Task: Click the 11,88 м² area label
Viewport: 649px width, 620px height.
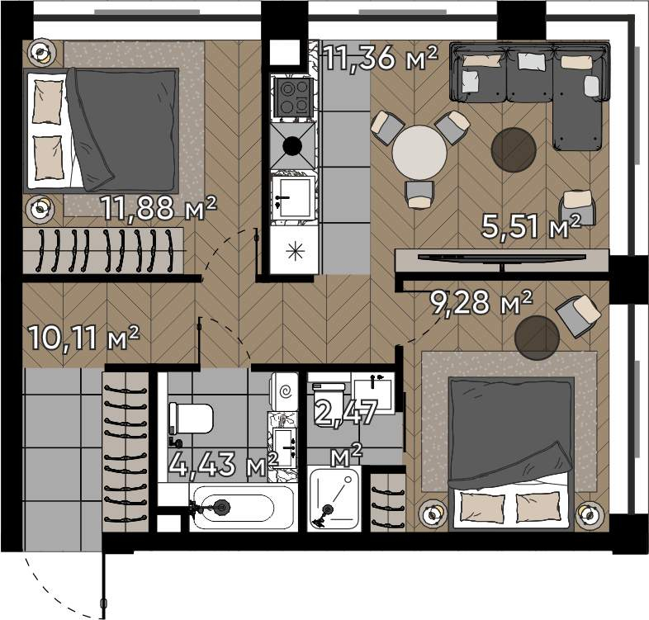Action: click(159, 208)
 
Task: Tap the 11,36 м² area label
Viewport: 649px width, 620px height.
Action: click(380, 58)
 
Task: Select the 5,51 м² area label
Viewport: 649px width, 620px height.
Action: click(532, 226)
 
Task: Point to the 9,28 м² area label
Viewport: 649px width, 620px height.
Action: click(481, 302)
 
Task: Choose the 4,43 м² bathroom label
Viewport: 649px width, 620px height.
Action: click(224, 464)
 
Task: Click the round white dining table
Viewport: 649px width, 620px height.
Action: click(419, 153)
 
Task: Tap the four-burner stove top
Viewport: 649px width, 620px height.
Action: click(293, 97)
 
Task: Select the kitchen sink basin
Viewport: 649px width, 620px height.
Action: click(291, 197)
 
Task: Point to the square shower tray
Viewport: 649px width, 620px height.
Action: click(334, 499)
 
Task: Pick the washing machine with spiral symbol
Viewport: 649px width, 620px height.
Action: click(284, 391)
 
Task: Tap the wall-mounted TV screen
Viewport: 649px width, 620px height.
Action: click(502, 258)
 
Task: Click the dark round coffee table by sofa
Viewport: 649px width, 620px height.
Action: click(514, 149)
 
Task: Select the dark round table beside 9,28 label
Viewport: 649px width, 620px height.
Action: click(537, 338)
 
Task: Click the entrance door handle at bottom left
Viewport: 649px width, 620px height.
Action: click(103, 603)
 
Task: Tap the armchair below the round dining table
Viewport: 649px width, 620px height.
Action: click(419, 195)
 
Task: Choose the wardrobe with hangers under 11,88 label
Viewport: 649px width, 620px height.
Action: click(103, 250)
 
